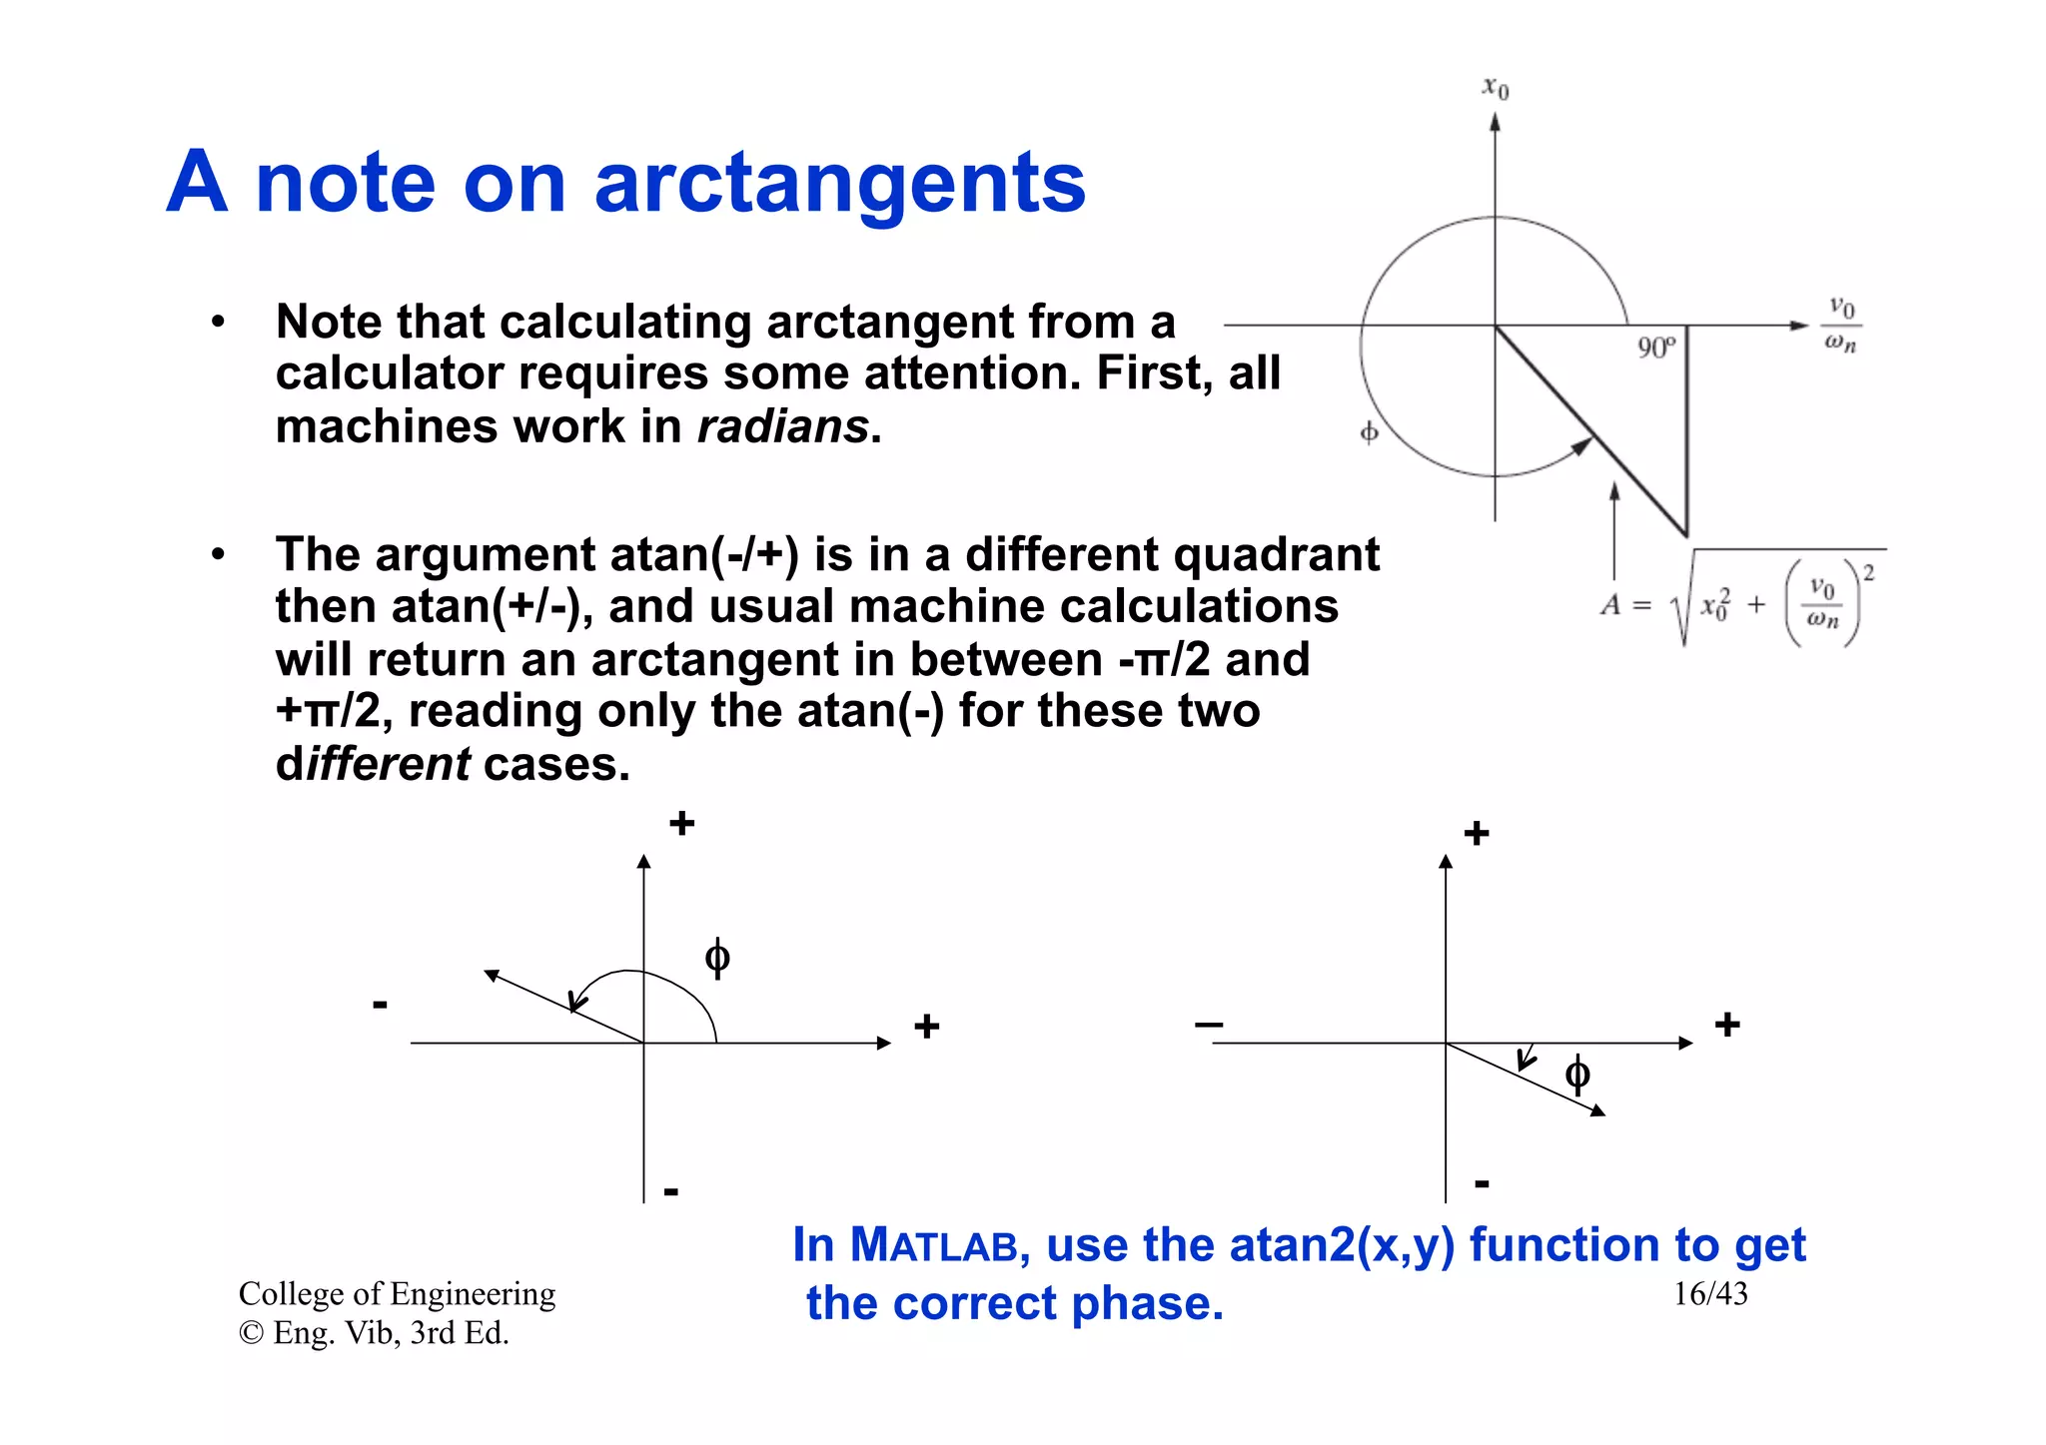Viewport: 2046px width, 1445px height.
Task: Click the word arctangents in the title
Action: click(x=839, y=184)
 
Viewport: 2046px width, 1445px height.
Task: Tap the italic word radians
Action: click(x=783, y=426)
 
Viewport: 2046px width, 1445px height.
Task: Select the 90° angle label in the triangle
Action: click(x=1655, y=348)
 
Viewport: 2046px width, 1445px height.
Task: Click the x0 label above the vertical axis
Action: click(x=1495, y=88)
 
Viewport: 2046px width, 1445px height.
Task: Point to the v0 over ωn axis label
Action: click(x=1840, y=325)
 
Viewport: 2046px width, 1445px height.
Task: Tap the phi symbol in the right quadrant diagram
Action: click(x=1577, y=1075)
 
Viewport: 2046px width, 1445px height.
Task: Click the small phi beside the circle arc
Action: click(x=1369, y=431)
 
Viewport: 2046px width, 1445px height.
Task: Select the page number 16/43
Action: click(x=1710, y=1293)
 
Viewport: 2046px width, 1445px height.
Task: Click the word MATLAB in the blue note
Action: click(x=933, y=1245)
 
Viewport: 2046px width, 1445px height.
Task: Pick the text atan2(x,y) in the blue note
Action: click(x=1342, y=1245)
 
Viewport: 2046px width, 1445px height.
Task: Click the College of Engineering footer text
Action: click(x=397, y=1293)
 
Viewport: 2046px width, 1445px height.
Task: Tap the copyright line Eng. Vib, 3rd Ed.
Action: click(x=375, y=1333)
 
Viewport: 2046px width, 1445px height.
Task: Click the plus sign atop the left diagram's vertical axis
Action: click(x=682, y=824)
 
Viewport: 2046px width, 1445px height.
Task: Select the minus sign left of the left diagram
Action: click(x=380, y=1004)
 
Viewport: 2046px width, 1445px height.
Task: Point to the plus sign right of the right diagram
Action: click(x=1727, y=1025)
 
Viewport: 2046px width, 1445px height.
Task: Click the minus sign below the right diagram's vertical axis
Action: click(x=1482, y=1184)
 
